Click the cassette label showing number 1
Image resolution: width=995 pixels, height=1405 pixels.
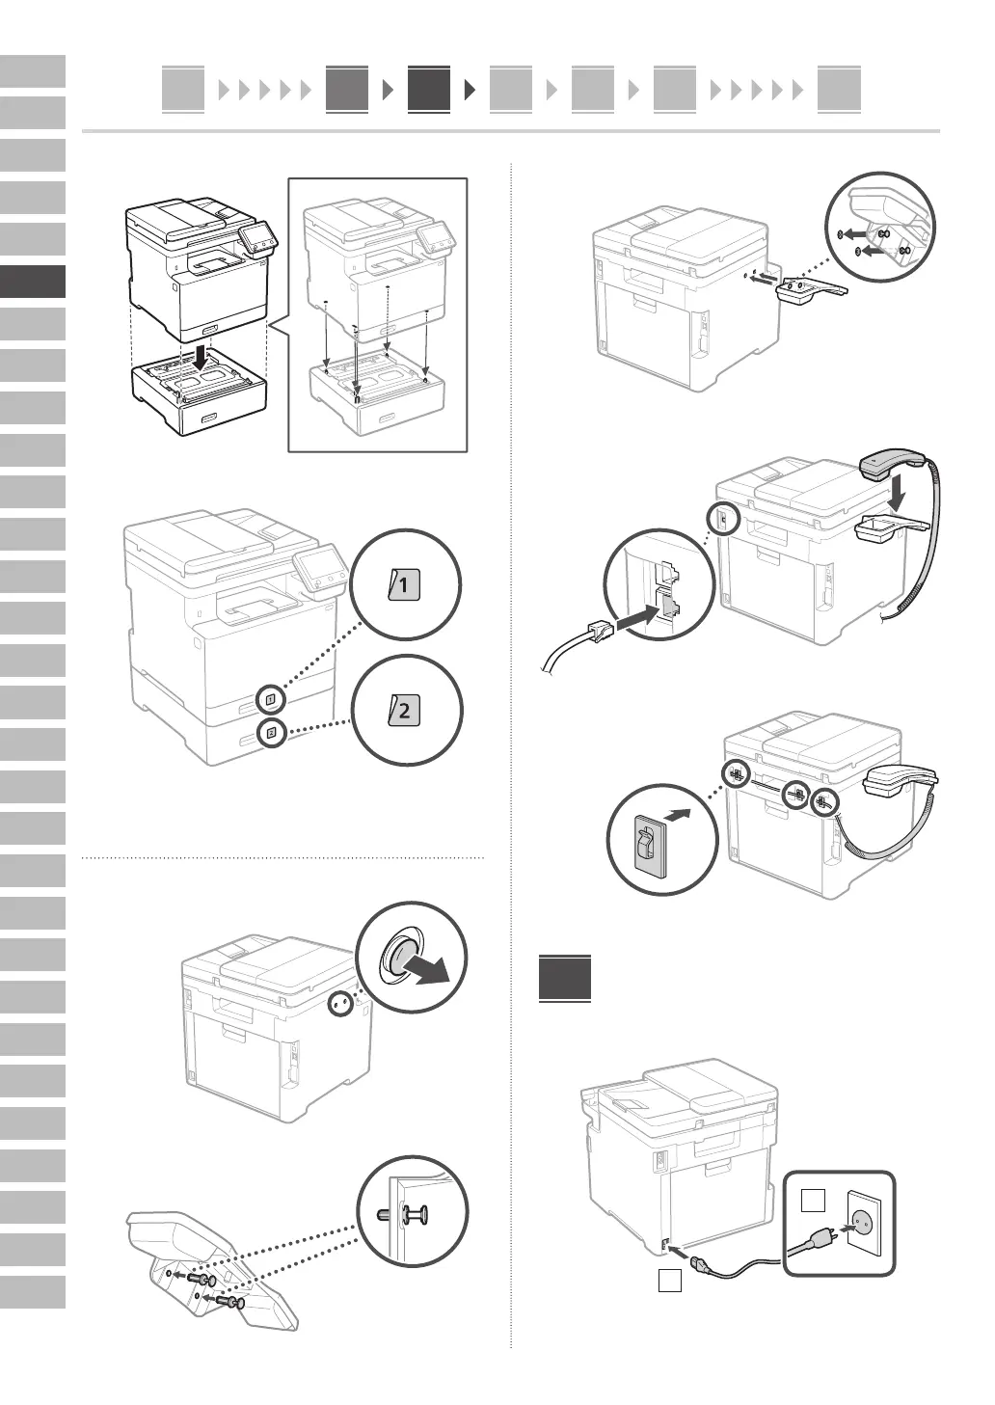(x=405, y=584)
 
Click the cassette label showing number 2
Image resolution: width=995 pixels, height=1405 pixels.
(x=405, y=712)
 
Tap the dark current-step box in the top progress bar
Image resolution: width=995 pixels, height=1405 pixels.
(x=428, y=89)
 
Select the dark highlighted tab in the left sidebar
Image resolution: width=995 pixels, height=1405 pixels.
(x=33, y=282)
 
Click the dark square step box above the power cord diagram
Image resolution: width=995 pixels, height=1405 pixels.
(x=565, y=979)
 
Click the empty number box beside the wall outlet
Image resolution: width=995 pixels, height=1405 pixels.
(x=814, y=1201)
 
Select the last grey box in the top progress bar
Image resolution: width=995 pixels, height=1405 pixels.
(x=839, y=89)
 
